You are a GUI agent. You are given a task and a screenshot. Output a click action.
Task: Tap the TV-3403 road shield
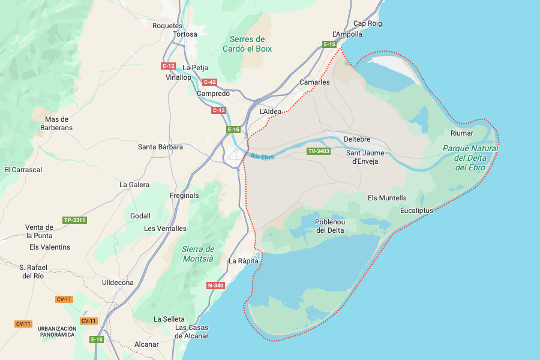tap(319, 151)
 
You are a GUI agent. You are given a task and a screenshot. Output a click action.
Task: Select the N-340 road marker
tap(215, 286)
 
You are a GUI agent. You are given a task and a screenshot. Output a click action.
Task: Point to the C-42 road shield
tap(209, 82)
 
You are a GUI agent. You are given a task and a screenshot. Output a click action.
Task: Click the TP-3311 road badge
tap(75, 220)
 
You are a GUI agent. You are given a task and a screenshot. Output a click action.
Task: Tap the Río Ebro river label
tap(262, 157)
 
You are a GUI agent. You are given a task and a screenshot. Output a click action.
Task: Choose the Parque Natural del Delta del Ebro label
tap(470, 158)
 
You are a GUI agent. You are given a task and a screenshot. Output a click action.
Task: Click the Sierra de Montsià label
tap(198, 254)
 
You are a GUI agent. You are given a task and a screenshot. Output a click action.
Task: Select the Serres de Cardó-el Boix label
tap(247, 44)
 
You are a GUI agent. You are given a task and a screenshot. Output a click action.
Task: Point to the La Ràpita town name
tap(244, 261)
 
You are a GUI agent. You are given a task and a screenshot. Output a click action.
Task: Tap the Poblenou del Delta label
tap(330, 226)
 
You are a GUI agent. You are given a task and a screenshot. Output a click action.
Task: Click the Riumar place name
tap(462, 133)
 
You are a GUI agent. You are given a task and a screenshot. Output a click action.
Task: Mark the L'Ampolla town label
tap(347, 34)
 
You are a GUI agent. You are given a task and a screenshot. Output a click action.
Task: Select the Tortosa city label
tap(185, 34)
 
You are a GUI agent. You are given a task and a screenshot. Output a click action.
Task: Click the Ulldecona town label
tap(118, 282)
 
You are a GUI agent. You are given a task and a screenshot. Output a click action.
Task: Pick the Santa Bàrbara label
tap(160, 147)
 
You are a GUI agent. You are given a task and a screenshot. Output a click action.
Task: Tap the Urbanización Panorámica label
tap(57, 332)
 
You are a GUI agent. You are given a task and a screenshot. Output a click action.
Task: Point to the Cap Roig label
tap(368, 23)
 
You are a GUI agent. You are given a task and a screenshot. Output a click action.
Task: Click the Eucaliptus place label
tap(416, 211)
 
